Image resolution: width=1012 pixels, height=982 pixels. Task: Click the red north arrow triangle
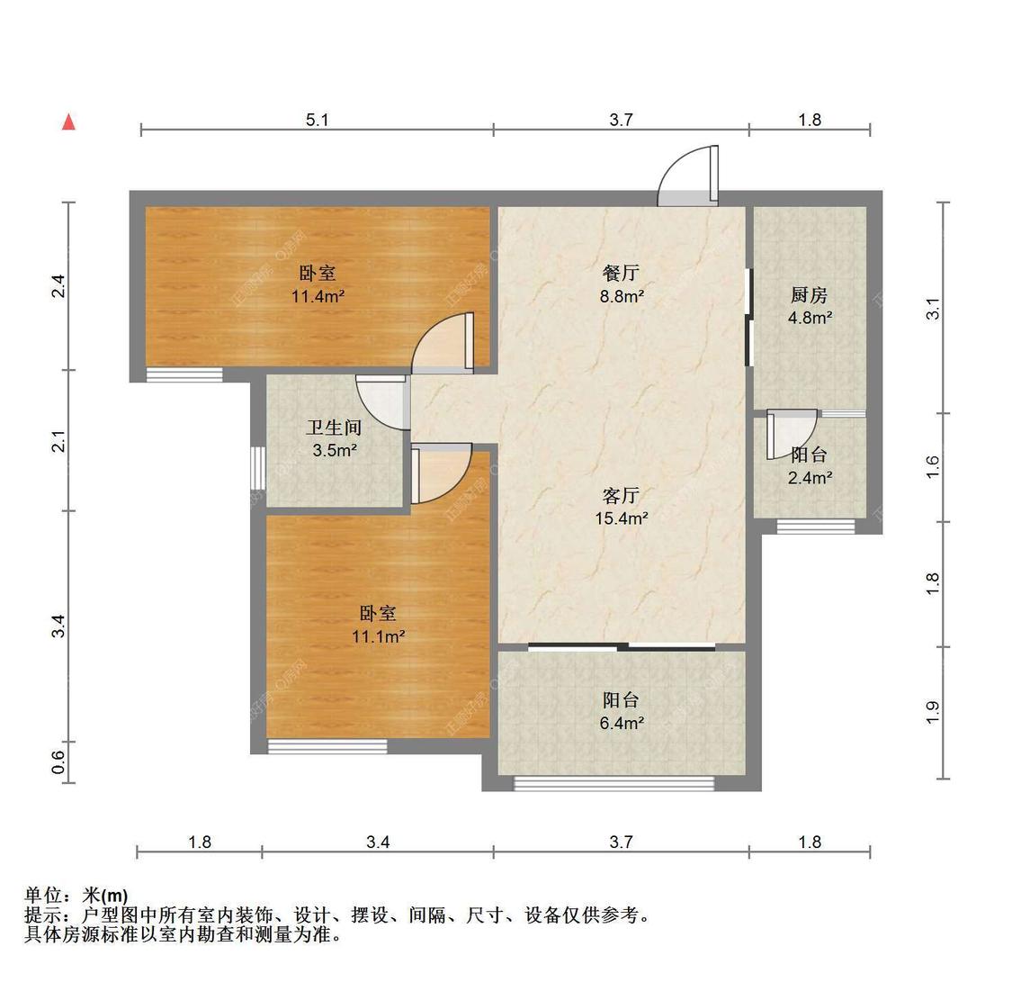[68, 122]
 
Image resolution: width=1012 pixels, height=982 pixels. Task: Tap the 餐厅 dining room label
[621, 273]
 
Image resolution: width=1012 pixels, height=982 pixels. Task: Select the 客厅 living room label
[621, 495]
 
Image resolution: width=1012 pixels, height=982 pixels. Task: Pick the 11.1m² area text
[378, 636]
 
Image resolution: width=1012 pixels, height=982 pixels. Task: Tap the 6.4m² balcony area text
[621, 723]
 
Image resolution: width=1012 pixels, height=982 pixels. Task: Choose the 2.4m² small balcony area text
[810, 478]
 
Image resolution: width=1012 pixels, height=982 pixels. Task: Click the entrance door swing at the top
[688, 176]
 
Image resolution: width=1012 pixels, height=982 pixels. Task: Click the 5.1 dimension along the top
[317, 119]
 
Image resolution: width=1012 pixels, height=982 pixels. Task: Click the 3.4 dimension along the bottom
[378, 842]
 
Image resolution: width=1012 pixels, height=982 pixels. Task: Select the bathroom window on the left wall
[257, 466]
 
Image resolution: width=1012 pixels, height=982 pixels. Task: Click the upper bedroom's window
[184, 375]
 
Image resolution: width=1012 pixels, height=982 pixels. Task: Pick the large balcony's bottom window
[613, 784]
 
